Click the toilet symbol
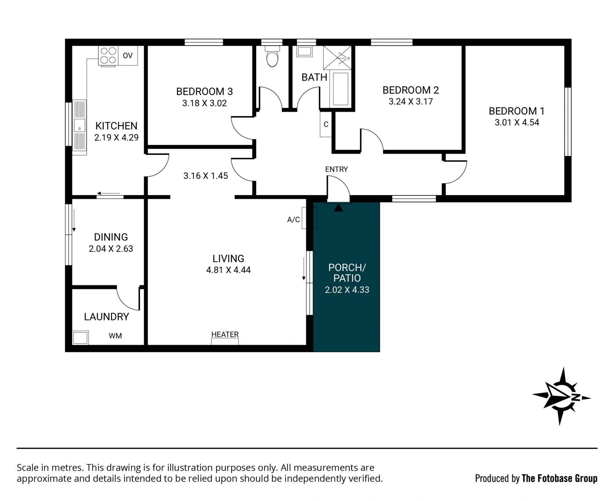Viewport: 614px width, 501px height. pos(272,56)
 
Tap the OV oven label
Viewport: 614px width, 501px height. pos(128,56)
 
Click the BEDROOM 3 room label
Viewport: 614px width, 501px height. pos(204,92)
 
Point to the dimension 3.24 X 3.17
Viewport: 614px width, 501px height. pos(411,102)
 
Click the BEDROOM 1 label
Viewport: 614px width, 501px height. pos(516,111)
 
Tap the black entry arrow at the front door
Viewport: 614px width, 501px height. pos(338,207)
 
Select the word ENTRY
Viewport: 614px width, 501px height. pos(336,169)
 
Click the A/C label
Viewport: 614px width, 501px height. pos(294,220)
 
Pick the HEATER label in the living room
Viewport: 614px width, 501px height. pos(225,334)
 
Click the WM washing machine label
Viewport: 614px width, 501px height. pos(115,336)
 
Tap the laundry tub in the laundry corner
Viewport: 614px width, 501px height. pos(80,338)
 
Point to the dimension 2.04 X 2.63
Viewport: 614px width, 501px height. pos(111,249)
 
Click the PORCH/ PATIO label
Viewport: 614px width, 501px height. pos(347,273)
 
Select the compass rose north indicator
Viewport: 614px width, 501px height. pos(562,396)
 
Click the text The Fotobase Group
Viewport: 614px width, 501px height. pos(560,478)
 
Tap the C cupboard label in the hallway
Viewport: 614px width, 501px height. pos(326,124)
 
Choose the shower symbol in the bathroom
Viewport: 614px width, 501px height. pos(337,58)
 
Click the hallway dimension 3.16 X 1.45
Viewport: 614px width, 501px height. pos(206,176)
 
